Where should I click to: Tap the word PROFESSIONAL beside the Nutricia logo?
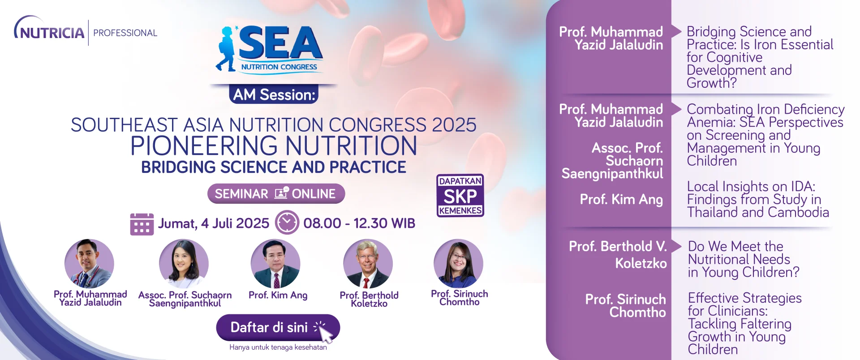pyautogui.click(x=125, y=33)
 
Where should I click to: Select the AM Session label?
pyautogui.click(x=274, y=94)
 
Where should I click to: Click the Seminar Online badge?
pyautogui.click(x=276, y=193)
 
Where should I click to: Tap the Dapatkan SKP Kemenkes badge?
pyautogui.click(x=460, y=196)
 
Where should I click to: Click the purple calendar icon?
pyautogui.click(x=142, y=224)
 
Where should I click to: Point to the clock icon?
pyautogui.click(x=287, y=223)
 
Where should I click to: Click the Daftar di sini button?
pyautogui.click(x=278, y=328)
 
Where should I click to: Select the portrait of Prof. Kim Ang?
pyautogui.click(x=275, y=263)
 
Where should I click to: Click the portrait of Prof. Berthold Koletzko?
pyautogui.click(x=368, y=263)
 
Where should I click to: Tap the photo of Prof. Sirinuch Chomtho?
pyautogui.click(x=458, y=263)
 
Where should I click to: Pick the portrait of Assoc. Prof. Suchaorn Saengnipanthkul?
pyautogui.click(x=184, y=263)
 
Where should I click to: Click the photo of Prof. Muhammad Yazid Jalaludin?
pyautogui.click(x=89, y=263)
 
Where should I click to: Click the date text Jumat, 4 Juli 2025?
pyautogui.click(x=214, y=223)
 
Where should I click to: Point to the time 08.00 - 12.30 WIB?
pyautogui.click(x=359, y=223)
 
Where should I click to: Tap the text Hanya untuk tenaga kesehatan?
pyautogui.click(x=278, y=347)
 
